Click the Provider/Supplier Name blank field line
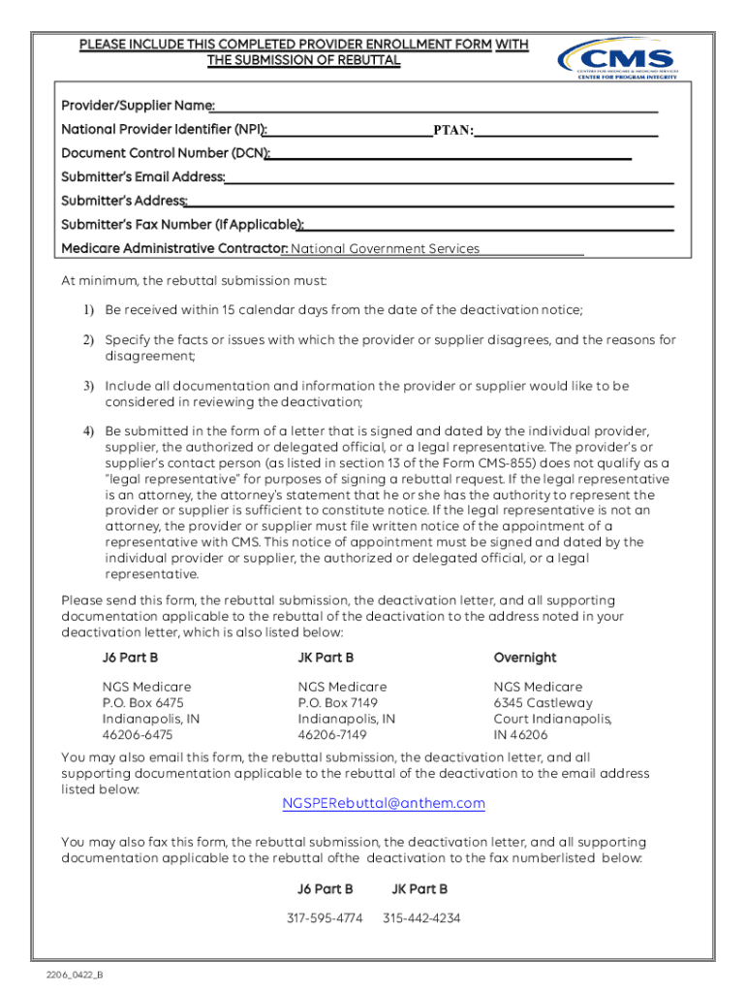[x=436, y=109]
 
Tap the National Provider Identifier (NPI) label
[x=164, y=129]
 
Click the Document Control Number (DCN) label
[x=166, y=153]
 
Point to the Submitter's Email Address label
[x=142, y=176]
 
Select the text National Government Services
[x=385, y=249]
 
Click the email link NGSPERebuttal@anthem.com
[x=384, y=804]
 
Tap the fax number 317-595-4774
[x=325, y=917]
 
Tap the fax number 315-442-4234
[x=421, y=917]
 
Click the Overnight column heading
[x=524, y=657]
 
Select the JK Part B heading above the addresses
[x=326, y=657]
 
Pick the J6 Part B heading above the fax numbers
[x=325, y=888]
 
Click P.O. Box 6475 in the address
[x=143, y=702]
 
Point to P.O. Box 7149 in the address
[x=338, y=702]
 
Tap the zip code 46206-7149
[x=332, y=735]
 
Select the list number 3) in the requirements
[x=88, y=386]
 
